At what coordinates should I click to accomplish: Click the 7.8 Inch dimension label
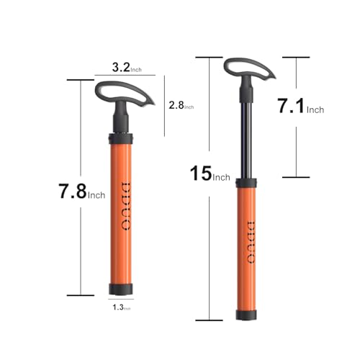(x=81, y=192)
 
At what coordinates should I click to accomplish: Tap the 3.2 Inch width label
(x=128, y=69)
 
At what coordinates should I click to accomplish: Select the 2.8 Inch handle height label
(x=181, y=105)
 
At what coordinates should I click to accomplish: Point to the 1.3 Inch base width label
(x=123, y=307)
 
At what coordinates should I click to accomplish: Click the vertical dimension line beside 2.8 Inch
(x=164, y=105)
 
